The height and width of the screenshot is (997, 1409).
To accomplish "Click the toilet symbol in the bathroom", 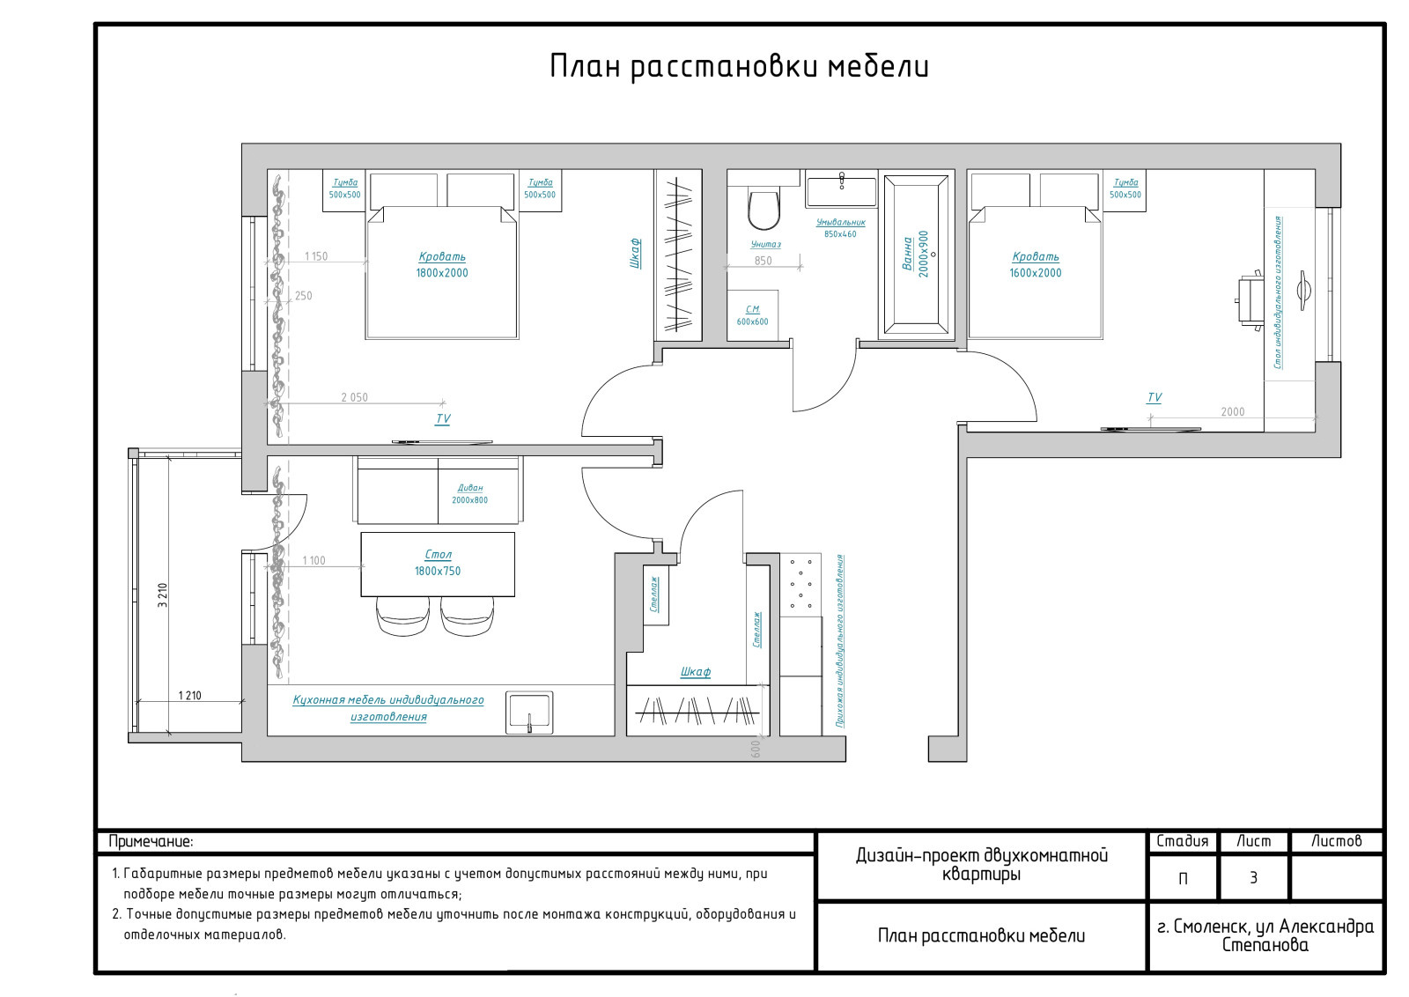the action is point(764,209).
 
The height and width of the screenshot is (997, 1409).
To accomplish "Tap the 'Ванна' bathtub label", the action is point(907,254).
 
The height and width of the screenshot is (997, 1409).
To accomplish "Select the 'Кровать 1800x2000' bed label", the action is point(442,265).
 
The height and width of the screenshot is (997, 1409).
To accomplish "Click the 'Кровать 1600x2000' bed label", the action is point(1036,265).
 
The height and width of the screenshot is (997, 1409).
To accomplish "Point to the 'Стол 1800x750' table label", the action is point(438,563).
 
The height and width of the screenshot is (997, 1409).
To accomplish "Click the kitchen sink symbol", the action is point(529,712).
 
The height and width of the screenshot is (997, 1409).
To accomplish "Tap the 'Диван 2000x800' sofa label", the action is point(470,494).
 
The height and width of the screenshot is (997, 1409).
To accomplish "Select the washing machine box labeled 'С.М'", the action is point(752,315).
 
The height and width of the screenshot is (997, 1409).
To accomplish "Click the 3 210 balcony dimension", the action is point(163,595).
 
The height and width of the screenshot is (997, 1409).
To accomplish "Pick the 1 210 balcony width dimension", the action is point(189,696).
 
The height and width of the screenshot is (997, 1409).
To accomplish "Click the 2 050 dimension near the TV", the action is point(354,397).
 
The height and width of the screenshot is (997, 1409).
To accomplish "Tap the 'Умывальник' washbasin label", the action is point(840,222).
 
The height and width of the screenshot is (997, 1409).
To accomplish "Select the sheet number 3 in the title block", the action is point(1254,878).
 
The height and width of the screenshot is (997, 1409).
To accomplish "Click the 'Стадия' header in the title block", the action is point(1183,841).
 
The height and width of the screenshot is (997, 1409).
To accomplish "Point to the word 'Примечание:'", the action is point(151,842).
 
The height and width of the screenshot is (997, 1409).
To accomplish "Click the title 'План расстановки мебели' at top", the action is point(739,67).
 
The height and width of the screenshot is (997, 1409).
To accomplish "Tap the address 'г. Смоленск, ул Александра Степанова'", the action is point(1265,935).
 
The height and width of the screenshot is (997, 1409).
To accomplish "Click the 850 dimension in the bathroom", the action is point(763,261).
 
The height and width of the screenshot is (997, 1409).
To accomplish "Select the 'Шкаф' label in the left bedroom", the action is point(635,254).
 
